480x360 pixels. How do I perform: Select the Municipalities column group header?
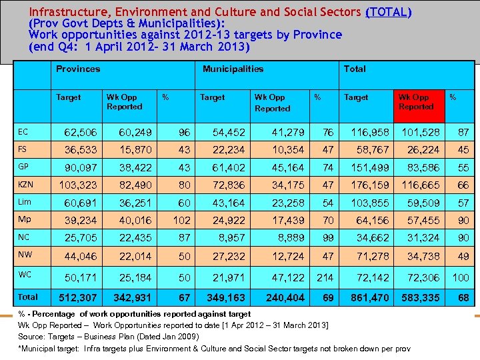233,69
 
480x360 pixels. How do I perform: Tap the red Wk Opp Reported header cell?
416,101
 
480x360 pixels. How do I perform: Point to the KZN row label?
25,183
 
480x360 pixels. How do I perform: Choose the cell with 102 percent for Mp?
181,220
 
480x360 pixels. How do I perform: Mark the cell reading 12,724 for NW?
287,255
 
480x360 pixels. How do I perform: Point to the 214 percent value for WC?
325,276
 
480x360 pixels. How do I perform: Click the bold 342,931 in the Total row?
133,297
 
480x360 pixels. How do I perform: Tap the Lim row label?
24,201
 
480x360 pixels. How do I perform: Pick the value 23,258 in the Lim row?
287,203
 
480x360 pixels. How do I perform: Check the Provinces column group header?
78,69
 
